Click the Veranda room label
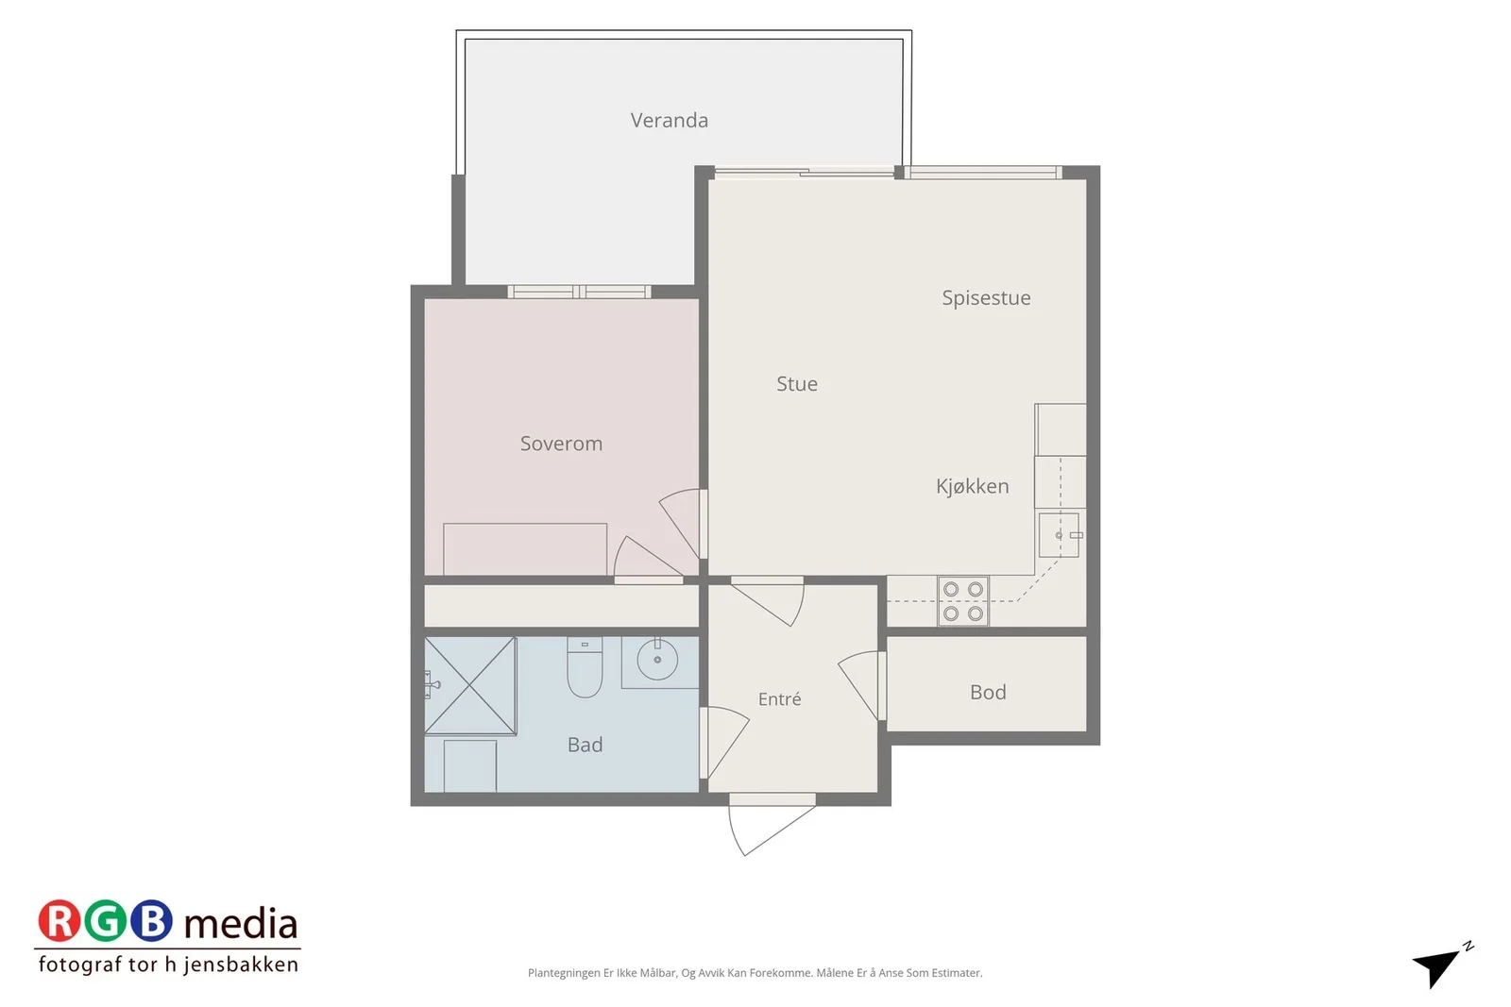click(x=670, y=120)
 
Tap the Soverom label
click(x=561, y=444)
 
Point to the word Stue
click(x=797, y=383)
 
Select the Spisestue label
click(x=986, y=298)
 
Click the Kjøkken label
click(x=972, y=486)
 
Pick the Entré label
click(x=780, y=699)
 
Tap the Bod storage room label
click(x=988, y=692)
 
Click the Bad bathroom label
click(x=585, y=745)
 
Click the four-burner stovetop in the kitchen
click(x=962, y=601)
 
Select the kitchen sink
click(x=1059, y=535)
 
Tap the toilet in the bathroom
click(x=585, y=666)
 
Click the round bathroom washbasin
click(x=657, y=660)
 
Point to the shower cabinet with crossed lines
click(x=470, y=685)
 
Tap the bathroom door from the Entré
click(x=723, y=743)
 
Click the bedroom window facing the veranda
click(x=580, y=292)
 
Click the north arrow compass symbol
click(x=1440, y=965)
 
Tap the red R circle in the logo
click(x=59, y=921)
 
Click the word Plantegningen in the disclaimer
click(x=564, y=973)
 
